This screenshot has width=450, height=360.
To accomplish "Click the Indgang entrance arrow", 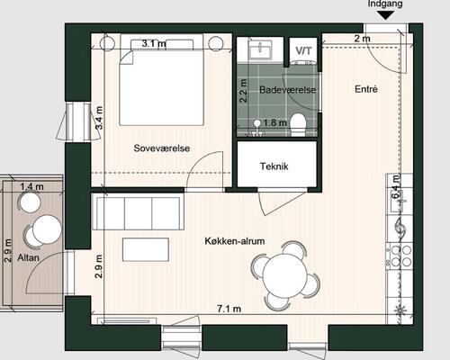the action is [x=385, y=15].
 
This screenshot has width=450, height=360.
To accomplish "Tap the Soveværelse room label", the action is [x=162, y=148].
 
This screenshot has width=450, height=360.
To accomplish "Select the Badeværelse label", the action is [x=287, y=90].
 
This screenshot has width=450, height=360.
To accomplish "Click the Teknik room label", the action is [x=274, y=166].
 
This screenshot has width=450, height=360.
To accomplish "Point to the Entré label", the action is [x=366, y=89].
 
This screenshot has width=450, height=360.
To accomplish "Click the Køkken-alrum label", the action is [x=235, y=241].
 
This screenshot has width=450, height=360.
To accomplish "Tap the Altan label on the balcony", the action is [x=28, y=257].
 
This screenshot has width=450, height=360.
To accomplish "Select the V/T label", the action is [x=303, y=51].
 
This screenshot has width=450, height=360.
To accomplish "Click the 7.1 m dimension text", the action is [x=229, y=309].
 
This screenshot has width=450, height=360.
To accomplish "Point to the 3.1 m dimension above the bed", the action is [x=154, y=43].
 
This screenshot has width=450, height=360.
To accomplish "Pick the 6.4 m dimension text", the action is [x=396, y=186].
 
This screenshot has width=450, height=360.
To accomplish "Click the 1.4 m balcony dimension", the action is [x=31, y=186].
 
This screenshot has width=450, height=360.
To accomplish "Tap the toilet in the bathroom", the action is [x=298, y=124].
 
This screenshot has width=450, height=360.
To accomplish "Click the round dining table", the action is [x=285, y=276].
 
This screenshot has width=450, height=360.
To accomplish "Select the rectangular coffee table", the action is [x=146, y=250].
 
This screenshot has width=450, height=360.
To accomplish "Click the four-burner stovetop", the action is [x=400, y=256].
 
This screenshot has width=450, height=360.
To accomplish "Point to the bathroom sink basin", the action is [x=260, y=50].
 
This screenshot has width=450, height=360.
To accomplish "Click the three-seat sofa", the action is [x=138, y=211].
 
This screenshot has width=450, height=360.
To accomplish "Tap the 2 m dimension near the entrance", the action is [x=362, y=39].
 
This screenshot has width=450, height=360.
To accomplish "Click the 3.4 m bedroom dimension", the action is [x=99, y=118].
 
